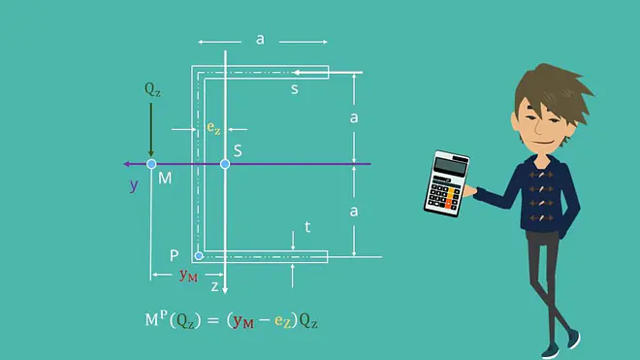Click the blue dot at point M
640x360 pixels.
tap(151, 164)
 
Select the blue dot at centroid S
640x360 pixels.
tap(225, 164)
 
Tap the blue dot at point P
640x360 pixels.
tap(199, 256)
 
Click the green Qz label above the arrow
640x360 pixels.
tap(152, 89)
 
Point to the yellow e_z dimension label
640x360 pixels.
tap(213, 127)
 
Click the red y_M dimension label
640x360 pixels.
tap(188, 276)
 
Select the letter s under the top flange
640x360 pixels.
tap(294, 89)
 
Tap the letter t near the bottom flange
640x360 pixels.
tap(307, 227)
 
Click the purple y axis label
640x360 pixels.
tap(134, 186)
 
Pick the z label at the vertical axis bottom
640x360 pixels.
tap(214, 286)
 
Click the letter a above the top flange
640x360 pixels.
tap(260, 39)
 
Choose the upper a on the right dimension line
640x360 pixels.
tap(354, 117)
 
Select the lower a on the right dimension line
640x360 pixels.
tap(354, 212)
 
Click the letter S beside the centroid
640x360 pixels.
tap(238, 150)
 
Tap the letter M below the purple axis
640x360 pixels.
tap(165, 179)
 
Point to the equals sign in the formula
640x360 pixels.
tap(213, 320)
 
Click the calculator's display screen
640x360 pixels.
tap(451, 166)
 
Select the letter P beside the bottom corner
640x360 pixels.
tap(175, 256)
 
